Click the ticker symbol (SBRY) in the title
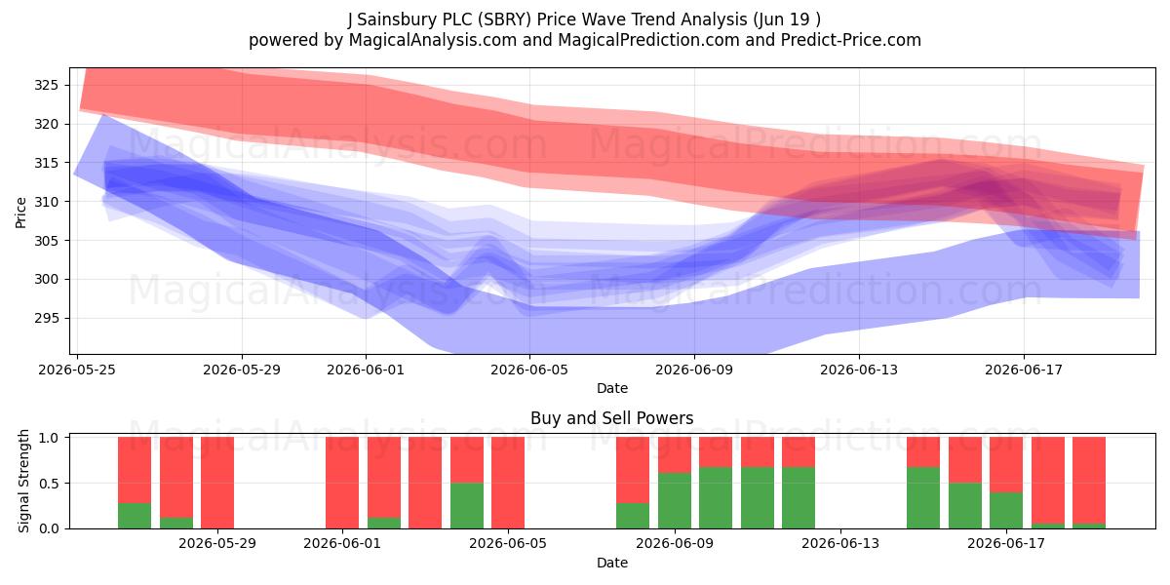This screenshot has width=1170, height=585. tap(503, 19)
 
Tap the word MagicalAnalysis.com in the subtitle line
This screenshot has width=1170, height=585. tap(433, 40)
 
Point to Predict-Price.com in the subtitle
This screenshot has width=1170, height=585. tap(851, 40)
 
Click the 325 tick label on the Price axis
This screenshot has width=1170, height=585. tap(46, 85)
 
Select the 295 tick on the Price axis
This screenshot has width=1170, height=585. tap(46, 318)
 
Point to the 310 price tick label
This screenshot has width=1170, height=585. tap(46, 202)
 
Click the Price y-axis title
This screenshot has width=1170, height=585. tap(20, 213)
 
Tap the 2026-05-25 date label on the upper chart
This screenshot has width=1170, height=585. tap(77, 370)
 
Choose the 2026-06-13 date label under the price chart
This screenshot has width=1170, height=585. tap(859, 370)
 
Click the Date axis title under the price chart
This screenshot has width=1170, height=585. tap(612, 388)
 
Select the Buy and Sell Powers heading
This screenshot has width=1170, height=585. tap(612, 418)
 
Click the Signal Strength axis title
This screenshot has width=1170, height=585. tap(23, 481)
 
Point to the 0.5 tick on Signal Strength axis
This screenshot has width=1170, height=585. tap(49, 484)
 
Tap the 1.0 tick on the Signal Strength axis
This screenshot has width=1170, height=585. tap(49, 437)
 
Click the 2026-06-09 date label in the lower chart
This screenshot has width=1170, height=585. tap(675, 544)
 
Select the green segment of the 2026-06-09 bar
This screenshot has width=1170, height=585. tap(675, 500)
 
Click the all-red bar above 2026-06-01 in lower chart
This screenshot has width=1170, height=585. tap(342, 483)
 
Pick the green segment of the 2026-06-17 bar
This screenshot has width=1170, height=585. tap(1006, 510)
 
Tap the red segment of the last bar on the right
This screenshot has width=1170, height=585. tap(1089, 480)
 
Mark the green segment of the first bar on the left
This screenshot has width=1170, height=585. tap(135, 516)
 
